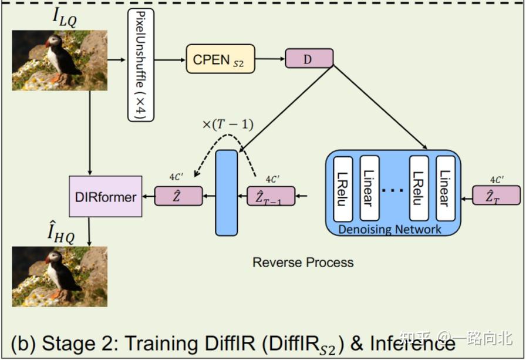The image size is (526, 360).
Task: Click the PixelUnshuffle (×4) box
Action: [141, 66]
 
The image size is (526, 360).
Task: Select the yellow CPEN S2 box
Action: [221, 59]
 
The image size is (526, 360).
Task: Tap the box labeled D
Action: [309, 58]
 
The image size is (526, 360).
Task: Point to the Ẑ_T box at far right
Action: [496, 196]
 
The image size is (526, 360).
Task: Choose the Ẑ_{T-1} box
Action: [271, 196]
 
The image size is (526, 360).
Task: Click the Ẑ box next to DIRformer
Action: [178, 196]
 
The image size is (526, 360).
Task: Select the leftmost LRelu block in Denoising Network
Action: [343, 189]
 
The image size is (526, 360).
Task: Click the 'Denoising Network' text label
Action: [390, 229]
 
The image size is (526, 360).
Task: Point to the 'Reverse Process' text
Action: [303, 262]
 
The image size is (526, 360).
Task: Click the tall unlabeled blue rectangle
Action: [227, 193]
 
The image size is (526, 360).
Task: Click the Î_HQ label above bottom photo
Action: [61, 234]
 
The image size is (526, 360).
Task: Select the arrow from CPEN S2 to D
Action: [270, 59]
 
